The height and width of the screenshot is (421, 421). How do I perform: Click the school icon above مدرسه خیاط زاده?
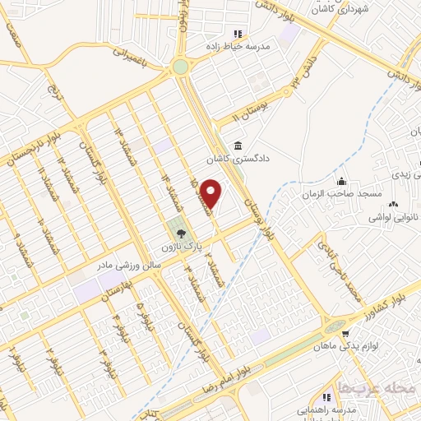[x=237, y=34]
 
